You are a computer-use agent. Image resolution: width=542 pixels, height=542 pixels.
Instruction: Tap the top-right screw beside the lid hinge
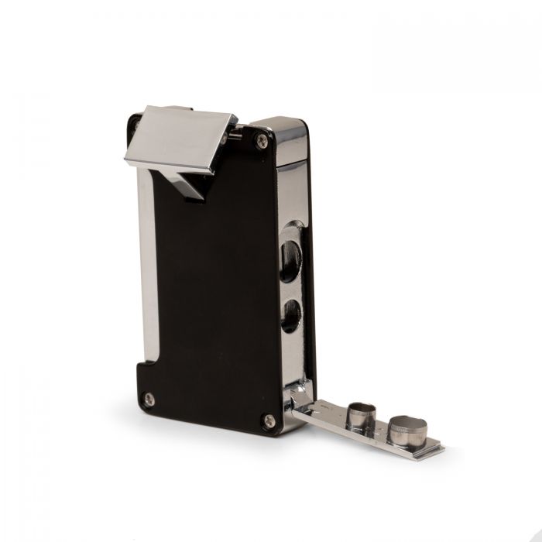pyautogui.click(x=262, y=140)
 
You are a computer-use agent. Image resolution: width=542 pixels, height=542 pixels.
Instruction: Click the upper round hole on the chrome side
pyautogui.click(x=292, y=252)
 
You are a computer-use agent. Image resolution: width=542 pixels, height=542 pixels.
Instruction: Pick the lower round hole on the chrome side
pyautogui.click(x=292, y=314)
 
